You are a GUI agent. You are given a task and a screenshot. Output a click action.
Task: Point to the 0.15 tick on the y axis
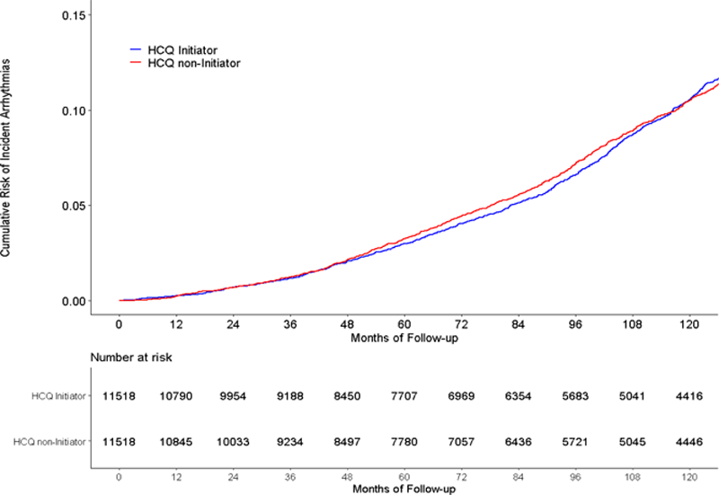coord(75,16)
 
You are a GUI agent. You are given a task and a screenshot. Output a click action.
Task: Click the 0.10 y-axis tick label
coord(75,110)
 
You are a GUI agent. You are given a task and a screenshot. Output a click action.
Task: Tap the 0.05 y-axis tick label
coord(75,206)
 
